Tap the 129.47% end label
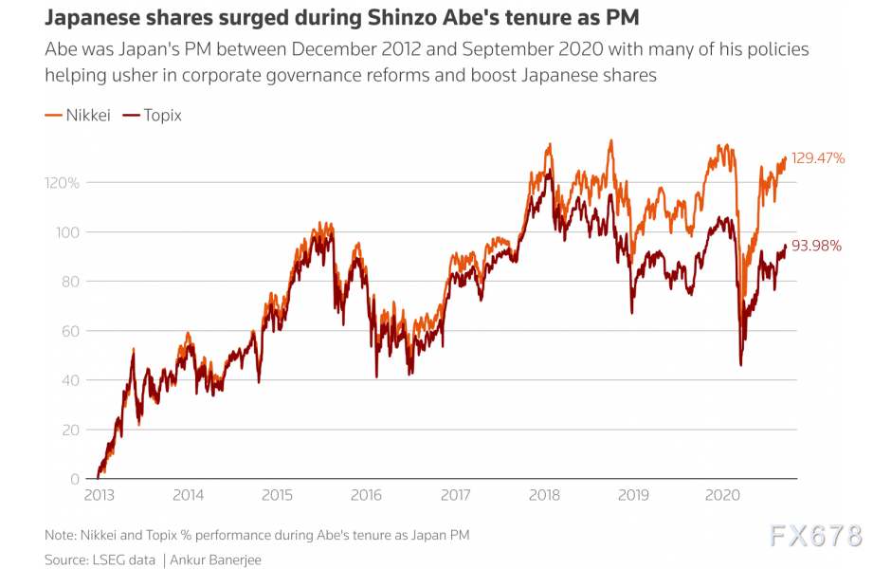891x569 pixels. point(818,158)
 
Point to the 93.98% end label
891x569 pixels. point(816,246)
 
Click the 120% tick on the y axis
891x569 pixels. point(61,182)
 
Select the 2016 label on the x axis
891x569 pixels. point(366,494)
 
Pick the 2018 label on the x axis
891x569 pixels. point(544,494)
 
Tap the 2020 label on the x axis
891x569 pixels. point(723,494)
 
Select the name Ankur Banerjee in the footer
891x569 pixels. point(217,560)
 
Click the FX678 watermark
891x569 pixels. point(816,537)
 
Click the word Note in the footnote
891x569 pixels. point(61,536)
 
